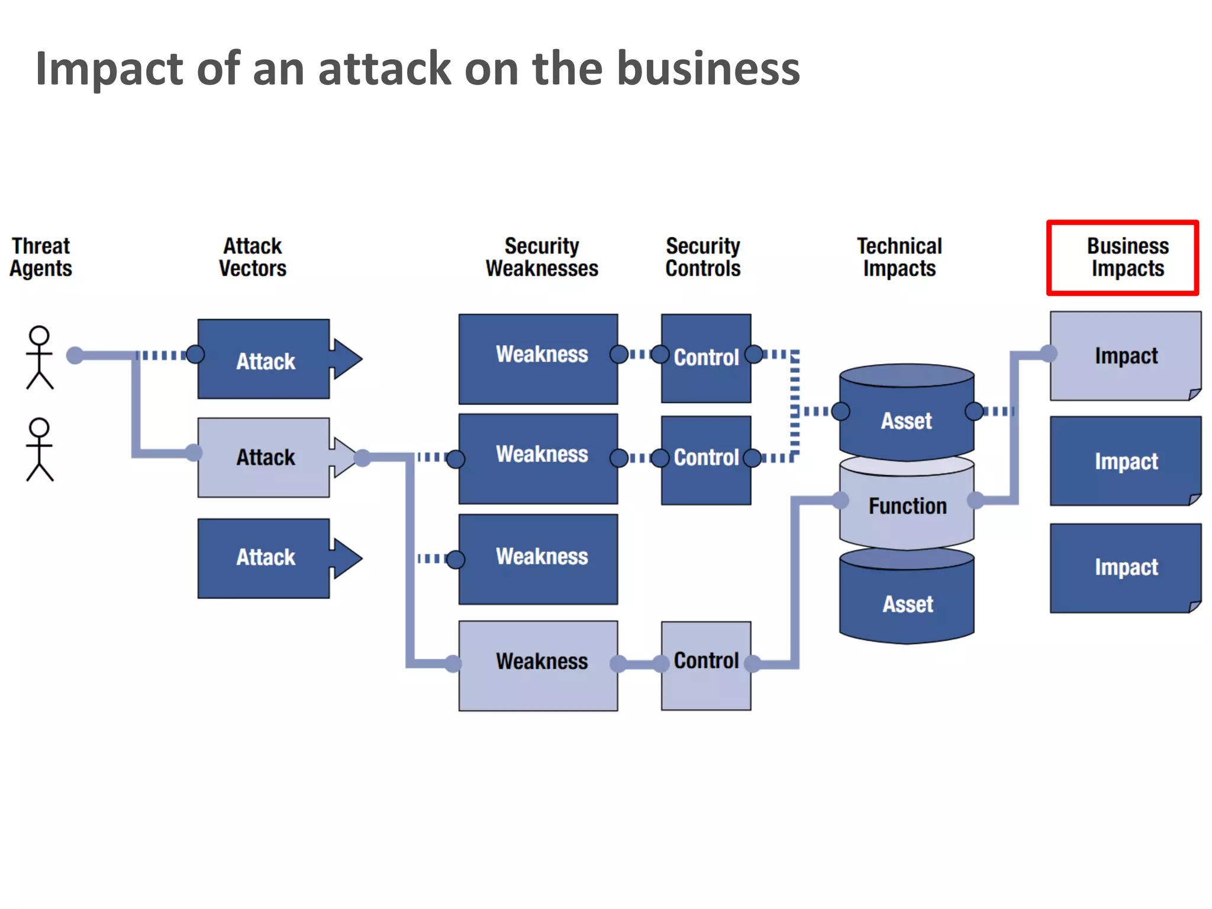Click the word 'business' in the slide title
(708, 69)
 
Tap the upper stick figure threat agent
(40, 357)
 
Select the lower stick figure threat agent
(40, 450)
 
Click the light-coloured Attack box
(264, 457)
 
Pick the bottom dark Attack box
(264, 558)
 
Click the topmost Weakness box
(538, 359)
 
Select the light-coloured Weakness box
(538, 665)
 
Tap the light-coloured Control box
(706, 665)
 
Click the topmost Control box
(706, 358)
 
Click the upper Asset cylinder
(907, 417)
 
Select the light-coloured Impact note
(1125, 356)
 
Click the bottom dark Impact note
(1125, 568)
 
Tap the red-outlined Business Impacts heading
(1123, 257)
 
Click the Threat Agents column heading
(40, 257)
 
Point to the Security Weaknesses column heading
(541, 257)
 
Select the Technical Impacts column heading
(899, 257)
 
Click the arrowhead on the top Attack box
(347, 359)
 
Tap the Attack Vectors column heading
(253, 257)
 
